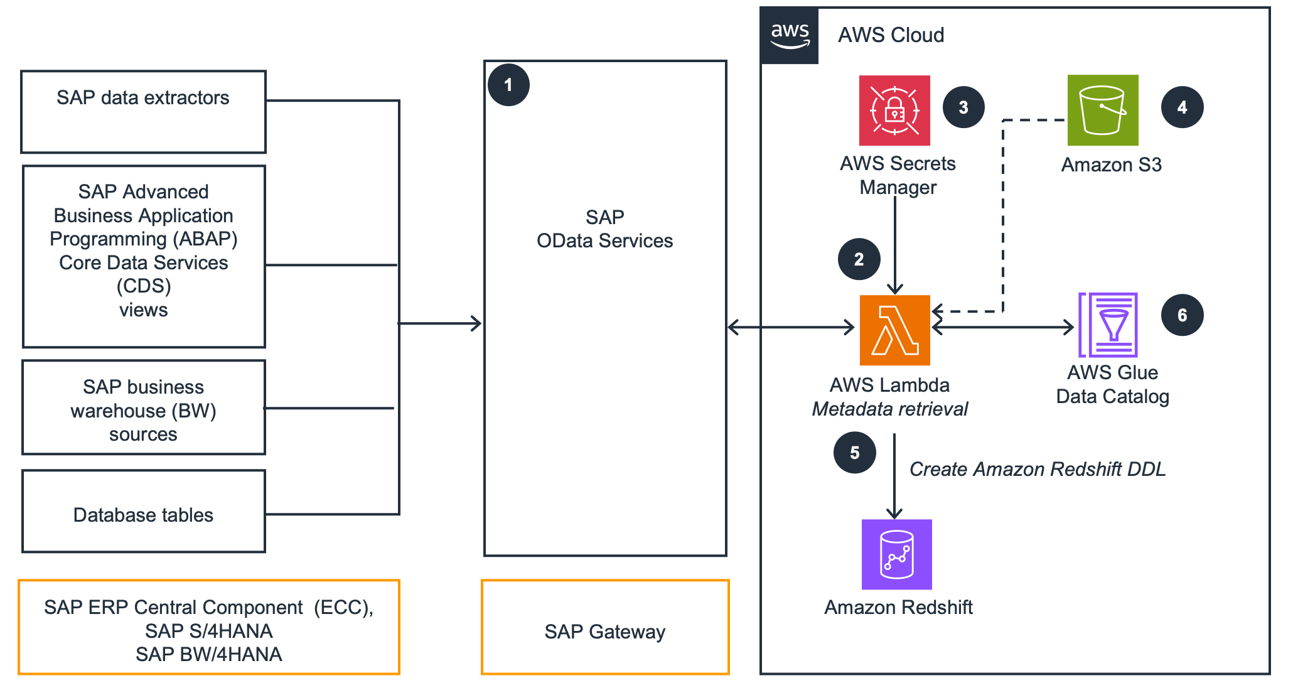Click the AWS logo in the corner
[789, 36]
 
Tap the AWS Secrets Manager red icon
[894, 110]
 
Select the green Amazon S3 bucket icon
[1103, 110]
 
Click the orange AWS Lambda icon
[894, 330]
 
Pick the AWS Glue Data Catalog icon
[1108, 325]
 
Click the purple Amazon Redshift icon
[896, 554]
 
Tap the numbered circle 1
[508, 85]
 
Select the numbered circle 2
[859, 259]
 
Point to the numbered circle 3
[963, 107]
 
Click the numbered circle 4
[1182, 107]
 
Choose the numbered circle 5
[854, 453]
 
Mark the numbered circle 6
[1182, 315]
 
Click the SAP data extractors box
[143, 111]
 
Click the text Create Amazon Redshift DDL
[1037, 469]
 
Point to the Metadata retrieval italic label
[889, 409]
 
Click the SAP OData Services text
[604, 229]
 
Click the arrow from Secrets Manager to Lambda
[894, 245]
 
